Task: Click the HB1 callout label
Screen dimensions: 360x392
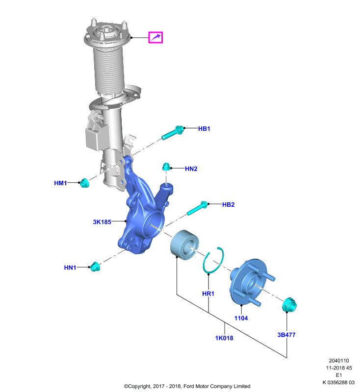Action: [x=204, y=129]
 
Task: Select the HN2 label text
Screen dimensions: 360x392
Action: [x=191, y=169]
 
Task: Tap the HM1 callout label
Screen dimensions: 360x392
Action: [x=60, y=183]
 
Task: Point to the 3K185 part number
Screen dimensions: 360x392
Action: [x=102, y=222]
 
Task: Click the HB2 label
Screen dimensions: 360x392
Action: [x=229, y=205]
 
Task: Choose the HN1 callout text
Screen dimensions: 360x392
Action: [x=70, y=268]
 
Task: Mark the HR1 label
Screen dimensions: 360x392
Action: [x=208, y=294]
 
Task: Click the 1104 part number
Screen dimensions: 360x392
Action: [x=241, y=318]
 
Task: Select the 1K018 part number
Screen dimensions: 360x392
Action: [x=224, y=338]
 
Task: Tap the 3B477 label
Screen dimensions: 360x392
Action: [x=286, y=335]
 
